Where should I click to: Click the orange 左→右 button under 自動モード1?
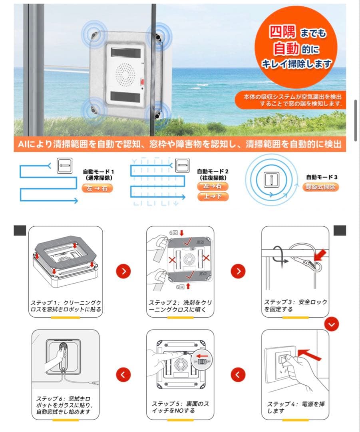click(97, 188)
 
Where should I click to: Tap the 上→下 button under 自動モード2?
click(213, 196)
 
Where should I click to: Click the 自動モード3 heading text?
click(322, 177)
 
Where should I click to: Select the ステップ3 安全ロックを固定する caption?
click(295, 306)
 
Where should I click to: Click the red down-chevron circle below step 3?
click(331, 324)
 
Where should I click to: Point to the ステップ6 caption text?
click(64, 405)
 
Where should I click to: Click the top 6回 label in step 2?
click(175, 232)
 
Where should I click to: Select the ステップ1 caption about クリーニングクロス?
click(66, 306)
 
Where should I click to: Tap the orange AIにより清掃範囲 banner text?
click(180, 144)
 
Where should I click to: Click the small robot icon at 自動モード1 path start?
click(65, 165)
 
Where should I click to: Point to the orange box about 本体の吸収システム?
click(289, 100)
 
